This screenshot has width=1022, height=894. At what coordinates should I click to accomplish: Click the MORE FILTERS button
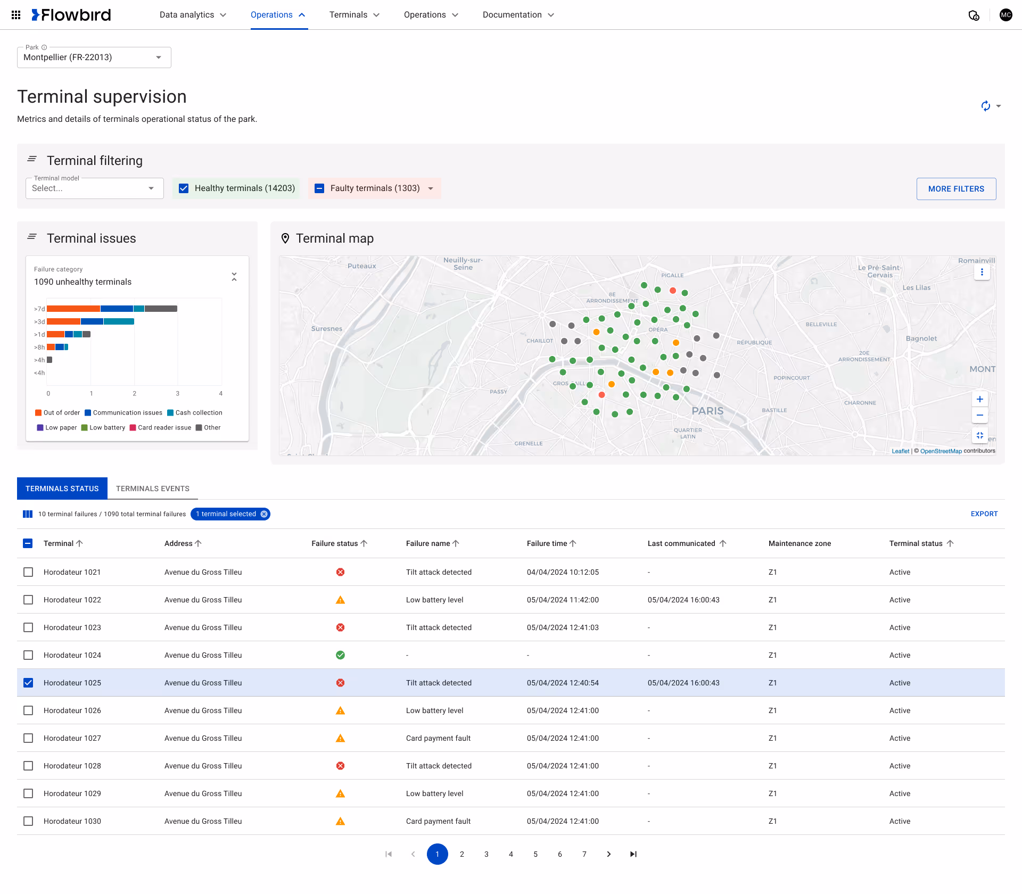click(956, 189)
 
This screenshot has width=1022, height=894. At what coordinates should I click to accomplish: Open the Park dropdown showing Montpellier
click(94, 57)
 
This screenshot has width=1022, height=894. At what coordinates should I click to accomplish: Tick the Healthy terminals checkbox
click(184, 188)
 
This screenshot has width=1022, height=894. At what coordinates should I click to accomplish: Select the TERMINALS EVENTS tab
click(153, 489)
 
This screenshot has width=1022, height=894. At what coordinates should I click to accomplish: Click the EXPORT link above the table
click(984, 514)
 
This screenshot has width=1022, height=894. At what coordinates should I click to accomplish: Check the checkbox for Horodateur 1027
click(28, 738)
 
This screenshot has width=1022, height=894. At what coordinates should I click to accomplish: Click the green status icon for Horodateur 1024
click(340, 655)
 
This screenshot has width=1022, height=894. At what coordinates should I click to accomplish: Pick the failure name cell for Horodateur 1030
click(438, 821)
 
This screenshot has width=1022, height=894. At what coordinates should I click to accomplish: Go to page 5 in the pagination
click(535, 854)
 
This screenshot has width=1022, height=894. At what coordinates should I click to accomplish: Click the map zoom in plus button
click(980, 399)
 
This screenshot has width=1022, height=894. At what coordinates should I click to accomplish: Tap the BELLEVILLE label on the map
click(821, 324)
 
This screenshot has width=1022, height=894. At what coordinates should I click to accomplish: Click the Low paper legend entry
click(57, 427)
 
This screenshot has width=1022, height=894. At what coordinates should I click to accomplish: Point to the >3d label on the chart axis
click(39, 322)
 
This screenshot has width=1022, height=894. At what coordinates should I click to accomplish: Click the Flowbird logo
click(71, 15)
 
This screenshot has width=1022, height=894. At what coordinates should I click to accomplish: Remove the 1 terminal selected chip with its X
click(264, 514)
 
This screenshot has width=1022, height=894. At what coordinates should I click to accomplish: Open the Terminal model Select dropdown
click(94, 188)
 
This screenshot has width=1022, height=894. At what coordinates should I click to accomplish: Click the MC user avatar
click(1005, 15)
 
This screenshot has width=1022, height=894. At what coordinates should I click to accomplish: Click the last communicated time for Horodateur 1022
click(683, 600)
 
